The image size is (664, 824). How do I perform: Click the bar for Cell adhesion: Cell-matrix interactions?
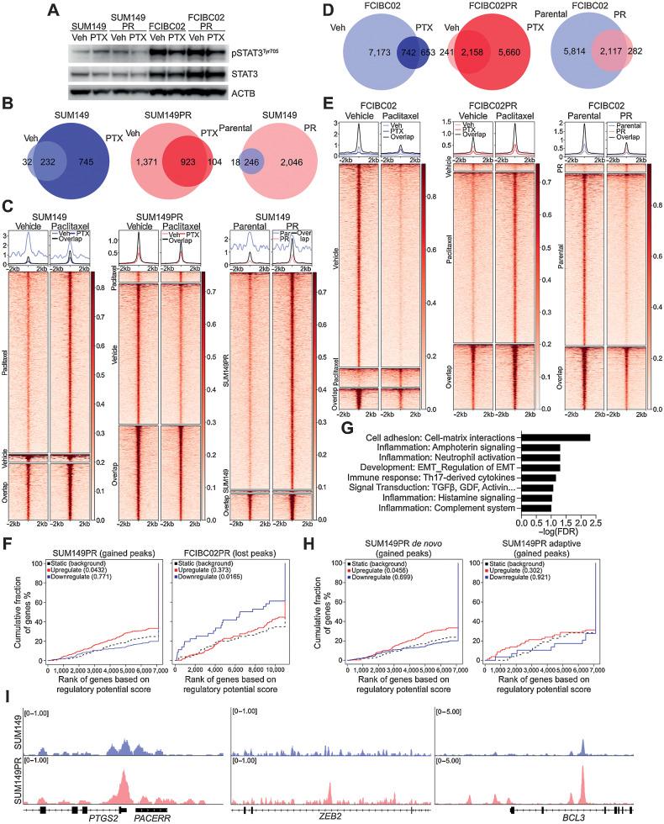pyautogui.click(x=556, y=438)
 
